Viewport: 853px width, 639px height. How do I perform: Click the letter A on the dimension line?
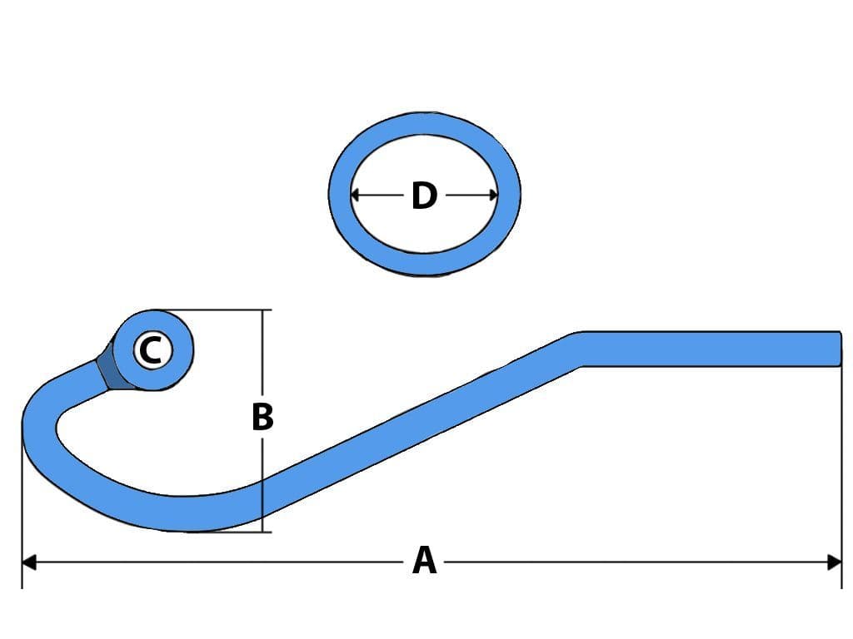point(424,561)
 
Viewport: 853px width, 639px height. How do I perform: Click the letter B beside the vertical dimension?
point(262,417)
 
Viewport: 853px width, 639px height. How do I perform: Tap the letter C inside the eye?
point(151,350)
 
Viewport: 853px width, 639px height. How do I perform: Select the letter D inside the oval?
point(424,196)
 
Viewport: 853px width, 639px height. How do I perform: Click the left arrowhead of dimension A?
point(28,562)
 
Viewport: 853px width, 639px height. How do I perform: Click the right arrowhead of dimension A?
point(835,562)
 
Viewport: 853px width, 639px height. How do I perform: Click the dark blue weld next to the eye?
point(107,369)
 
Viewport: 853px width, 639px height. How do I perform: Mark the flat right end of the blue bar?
point(836,348)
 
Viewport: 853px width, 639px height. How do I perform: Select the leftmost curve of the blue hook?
point(38,432)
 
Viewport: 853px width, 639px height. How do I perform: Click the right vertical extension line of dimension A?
point(841,466)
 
